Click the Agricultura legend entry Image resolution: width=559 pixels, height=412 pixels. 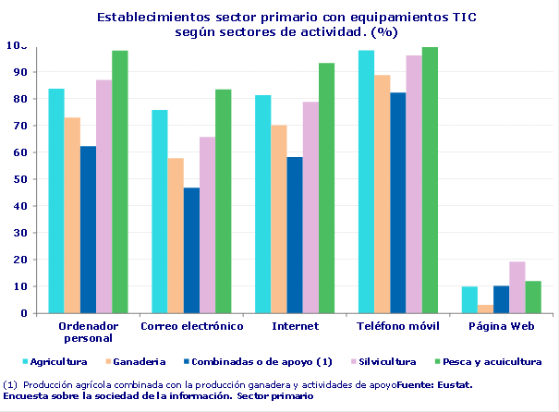(55, 361)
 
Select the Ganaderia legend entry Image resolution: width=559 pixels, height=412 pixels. (137, 361)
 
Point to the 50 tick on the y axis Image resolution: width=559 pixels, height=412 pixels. (18, 179)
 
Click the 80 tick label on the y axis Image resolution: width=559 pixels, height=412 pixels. (18, 99)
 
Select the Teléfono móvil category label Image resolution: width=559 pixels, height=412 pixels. (397, 326)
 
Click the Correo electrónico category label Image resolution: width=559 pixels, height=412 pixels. (191, 326)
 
